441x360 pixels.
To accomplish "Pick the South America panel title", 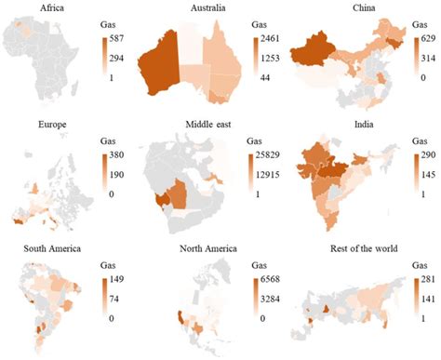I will (x=40, y=248).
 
